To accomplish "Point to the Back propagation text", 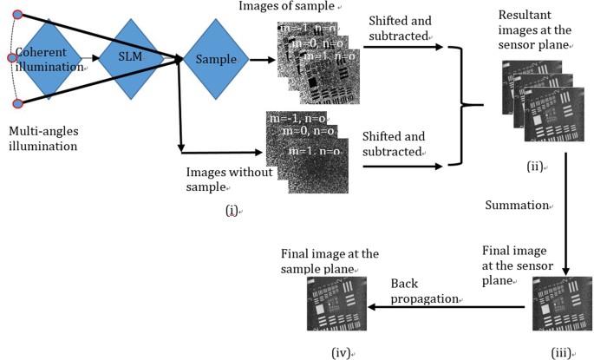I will pos(423,291).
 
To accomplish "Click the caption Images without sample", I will pos(229,180).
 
